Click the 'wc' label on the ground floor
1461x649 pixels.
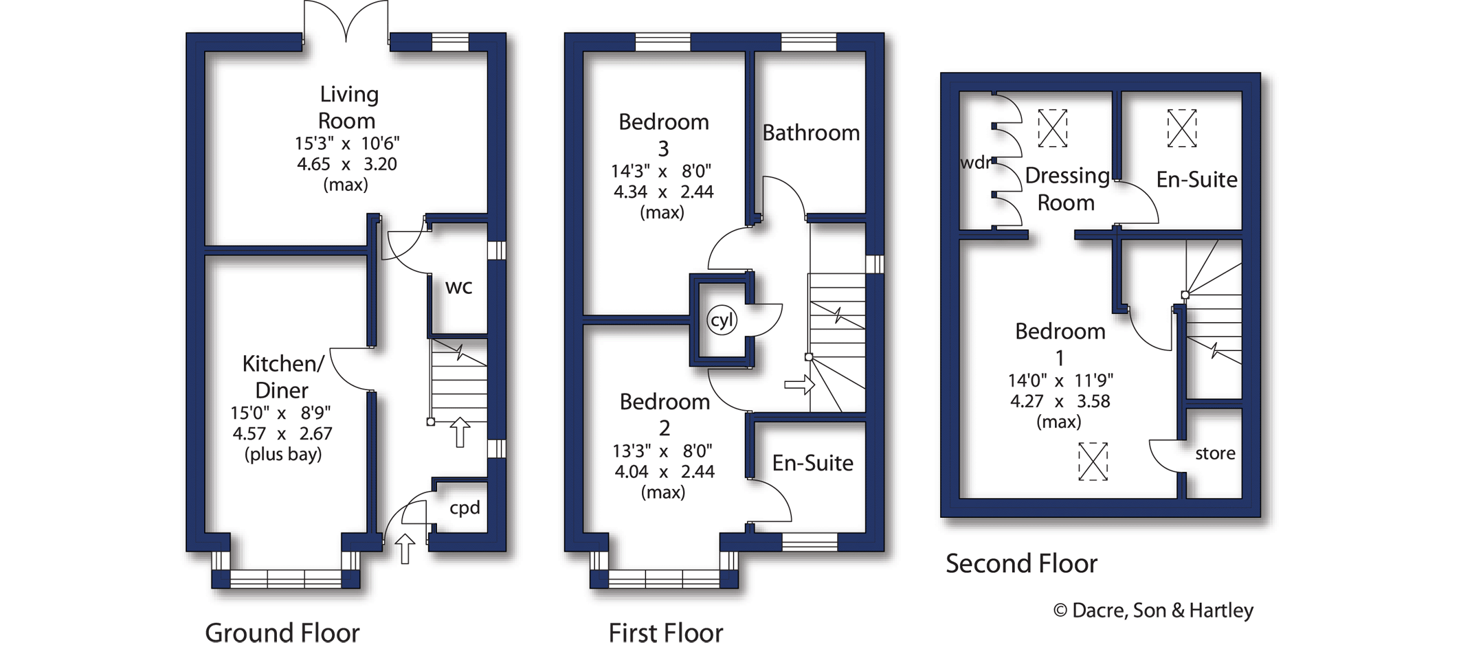(458, 286)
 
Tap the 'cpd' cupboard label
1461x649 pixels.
(465, 508)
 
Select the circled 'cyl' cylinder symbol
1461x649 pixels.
(722, 320)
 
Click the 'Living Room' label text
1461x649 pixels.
(348, 107)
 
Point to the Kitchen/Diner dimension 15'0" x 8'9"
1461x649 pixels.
(280, 413)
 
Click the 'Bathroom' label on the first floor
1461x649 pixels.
(811, 133)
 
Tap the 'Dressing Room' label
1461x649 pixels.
(1067, 189)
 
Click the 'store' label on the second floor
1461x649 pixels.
(1215, 453)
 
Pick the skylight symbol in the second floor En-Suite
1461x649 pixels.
(1182, 128)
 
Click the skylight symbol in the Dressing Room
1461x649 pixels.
(1052, 128)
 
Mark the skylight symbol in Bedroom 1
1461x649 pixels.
(1093, 462)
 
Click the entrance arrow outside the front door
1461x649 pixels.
(405, 549)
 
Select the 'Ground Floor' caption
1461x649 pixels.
(282, 633)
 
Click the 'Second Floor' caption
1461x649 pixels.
(1021, 564)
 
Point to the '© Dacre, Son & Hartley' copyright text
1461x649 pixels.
(1153, 610)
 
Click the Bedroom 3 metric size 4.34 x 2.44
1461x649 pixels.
(663, 192)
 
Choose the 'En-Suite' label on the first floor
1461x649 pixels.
(812, 463)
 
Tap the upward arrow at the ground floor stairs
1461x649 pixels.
(460, 433)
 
